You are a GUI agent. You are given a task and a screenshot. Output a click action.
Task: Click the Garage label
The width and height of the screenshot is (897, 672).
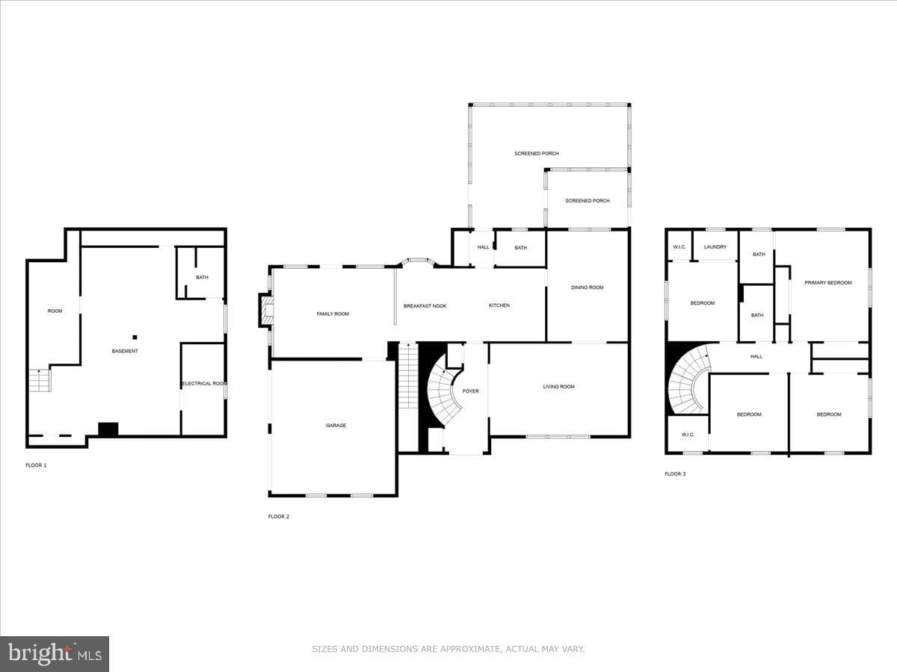tap(336, 425)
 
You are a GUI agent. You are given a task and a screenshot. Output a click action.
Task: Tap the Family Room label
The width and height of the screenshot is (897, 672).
tap(333, 314)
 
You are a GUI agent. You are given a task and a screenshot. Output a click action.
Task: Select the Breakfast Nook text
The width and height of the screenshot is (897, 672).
tap(425, 306)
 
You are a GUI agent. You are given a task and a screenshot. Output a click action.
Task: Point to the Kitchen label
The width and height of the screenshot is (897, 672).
tap(499, 305)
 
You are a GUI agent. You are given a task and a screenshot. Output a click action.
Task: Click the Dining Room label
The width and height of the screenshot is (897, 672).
tap(588, 287)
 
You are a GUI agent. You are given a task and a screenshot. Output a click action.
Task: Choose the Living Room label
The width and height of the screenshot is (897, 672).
tap(558, 386)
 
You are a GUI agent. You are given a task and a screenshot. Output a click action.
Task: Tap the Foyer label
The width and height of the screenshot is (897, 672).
tap(470, 391)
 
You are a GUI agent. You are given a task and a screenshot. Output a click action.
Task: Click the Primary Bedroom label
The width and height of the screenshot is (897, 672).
tap(828, 282)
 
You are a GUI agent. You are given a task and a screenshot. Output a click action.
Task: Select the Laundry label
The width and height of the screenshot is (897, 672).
tap(715, 247)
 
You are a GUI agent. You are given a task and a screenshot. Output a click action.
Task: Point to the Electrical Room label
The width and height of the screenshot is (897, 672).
tap(203, 384)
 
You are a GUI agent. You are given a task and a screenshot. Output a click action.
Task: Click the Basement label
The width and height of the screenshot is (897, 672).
tap(125, 351)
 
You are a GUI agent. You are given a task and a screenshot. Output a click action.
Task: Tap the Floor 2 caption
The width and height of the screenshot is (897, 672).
tap(279, 517)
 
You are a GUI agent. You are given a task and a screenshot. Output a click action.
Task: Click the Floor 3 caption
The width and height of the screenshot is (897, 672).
tap(675, 473)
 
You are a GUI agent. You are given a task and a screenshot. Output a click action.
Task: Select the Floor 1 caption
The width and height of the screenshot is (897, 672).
tap(36, 465)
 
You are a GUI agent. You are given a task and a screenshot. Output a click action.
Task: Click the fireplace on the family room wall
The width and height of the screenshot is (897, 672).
tap(265, 311)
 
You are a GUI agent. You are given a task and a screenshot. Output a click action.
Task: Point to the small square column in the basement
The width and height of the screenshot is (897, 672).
tap(135, 337)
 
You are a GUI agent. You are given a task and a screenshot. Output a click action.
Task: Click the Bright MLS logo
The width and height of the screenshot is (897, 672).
tap(55, 654)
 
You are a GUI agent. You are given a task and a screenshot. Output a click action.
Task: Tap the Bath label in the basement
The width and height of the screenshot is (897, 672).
tap(202, 278)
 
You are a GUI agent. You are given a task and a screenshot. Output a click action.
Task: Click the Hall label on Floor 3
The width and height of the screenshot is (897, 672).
tap(756, 357)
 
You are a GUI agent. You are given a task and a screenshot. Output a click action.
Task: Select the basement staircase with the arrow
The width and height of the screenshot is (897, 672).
tap(40, 380)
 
